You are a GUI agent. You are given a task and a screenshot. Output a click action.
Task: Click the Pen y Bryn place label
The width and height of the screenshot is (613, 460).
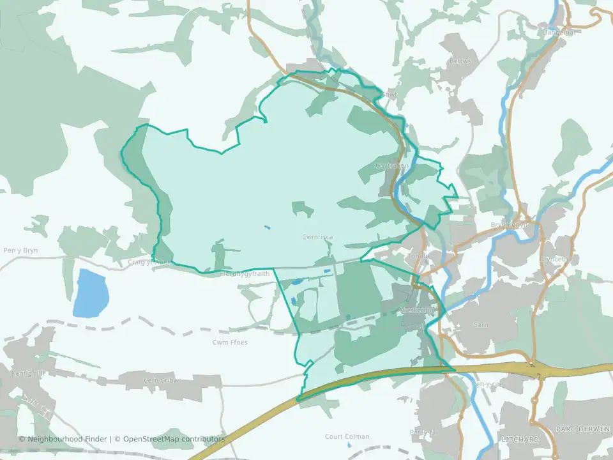(20, 250)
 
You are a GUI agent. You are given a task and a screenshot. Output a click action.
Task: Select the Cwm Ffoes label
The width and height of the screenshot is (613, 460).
(230, 342)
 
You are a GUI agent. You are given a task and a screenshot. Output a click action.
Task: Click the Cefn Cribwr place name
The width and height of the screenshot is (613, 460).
(162, 381)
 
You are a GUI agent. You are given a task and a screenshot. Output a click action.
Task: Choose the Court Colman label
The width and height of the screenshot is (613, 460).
(347, 437)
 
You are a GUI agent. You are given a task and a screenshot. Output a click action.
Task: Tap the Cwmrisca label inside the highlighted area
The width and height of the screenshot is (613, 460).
(317, 237)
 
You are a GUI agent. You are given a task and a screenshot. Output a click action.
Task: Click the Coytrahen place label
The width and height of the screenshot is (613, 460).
(392, 165)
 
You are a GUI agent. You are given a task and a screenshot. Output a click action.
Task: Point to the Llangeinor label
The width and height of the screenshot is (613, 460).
(558, 32)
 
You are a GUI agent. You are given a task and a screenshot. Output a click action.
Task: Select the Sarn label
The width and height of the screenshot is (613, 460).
(481, 325)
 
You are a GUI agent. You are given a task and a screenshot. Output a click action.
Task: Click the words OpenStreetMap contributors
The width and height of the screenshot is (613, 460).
(174, 439)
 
